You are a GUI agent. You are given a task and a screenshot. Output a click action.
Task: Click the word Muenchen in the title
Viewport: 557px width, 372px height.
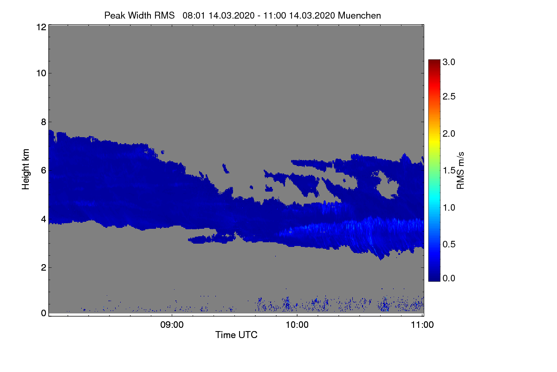click(x=359, y=15)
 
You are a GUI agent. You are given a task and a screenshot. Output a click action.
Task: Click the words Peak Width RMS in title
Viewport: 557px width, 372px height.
click(x=139, y=15)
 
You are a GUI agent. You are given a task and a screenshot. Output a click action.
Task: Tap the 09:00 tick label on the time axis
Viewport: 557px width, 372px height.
click(x=172, y=325)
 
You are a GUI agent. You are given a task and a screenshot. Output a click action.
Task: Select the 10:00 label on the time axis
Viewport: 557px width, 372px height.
click(x=297, y=325)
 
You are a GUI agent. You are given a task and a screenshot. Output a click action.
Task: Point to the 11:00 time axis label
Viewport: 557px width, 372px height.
click(x=422, y=325)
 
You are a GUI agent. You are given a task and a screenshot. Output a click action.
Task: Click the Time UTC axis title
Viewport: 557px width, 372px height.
click(x=236, y=335)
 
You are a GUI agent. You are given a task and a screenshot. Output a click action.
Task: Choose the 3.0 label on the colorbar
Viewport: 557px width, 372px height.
click(x=449, y=62)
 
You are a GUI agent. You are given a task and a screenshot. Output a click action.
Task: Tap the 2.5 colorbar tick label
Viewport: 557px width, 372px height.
click(x=449, y=96)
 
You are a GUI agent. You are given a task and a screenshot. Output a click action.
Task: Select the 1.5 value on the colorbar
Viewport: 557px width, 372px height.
click(x=449, y=170)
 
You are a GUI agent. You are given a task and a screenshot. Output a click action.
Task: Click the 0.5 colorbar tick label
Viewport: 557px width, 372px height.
click(x=449, y=244)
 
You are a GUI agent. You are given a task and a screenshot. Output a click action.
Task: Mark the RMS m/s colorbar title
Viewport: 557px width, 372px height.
click(x=460, y=170)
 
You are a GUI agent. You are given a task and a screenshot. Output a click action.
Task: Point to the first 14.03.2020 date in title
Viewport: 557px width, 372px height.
click(x=231, y=15)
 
